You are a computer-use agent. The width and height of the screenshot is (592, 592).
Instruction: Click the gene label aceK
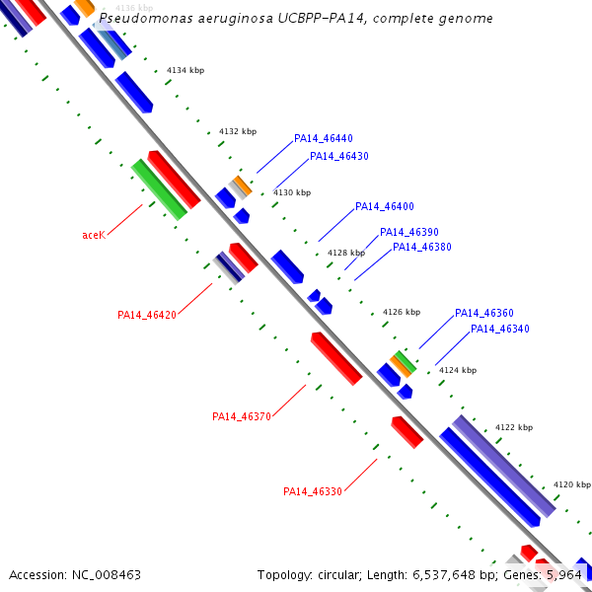click(94, 235)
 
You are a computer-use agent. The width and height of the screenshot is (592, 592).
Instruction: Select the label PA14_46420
click(146, 315)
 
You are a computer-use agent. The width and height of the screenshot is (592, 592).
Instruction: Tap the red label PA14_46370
click(241, 416)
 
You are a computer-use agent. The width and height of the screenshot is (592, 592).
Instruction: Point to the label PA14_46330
click(312, 491)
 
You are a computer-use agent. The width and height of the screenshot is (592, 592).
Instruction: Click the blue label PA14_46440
click(323, 139)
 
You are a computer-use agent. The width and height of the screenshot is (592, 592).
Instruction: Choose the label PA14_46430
click(338, 156)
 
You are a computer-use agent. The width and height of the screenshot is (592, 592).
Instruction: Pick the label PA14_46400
click(384, 206)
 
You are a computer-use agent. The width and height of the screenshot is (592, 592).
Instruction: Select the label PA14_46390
click(409, 232)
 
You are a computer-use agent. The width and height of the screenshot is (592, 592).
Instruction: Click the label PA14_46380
click(421, 247)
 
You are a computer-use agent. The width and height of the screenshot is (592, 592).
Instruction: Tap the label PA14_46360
click(483, 313)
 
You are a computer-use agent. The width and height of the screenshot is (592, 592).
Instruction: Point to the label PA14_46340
click(499, 329)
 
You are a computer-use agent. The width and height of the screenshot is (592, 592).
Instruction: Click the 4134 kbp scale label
click(185, 71)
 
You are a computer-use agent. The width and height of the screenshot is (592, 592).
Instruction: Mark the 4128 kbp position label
click(345, 253)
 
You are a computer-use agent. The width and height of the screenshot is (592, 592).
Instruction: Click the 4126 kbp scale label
click(401, 311)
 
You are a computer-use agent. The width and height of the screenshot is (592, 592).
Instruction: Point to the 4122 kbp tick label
click(513, 427)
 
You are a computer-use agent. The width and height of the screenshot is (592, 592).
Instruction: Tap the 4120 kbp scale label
click(571, 484)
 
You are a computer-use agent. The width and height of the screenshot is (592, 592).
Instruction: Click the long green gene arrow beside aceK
click(159, 189)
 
